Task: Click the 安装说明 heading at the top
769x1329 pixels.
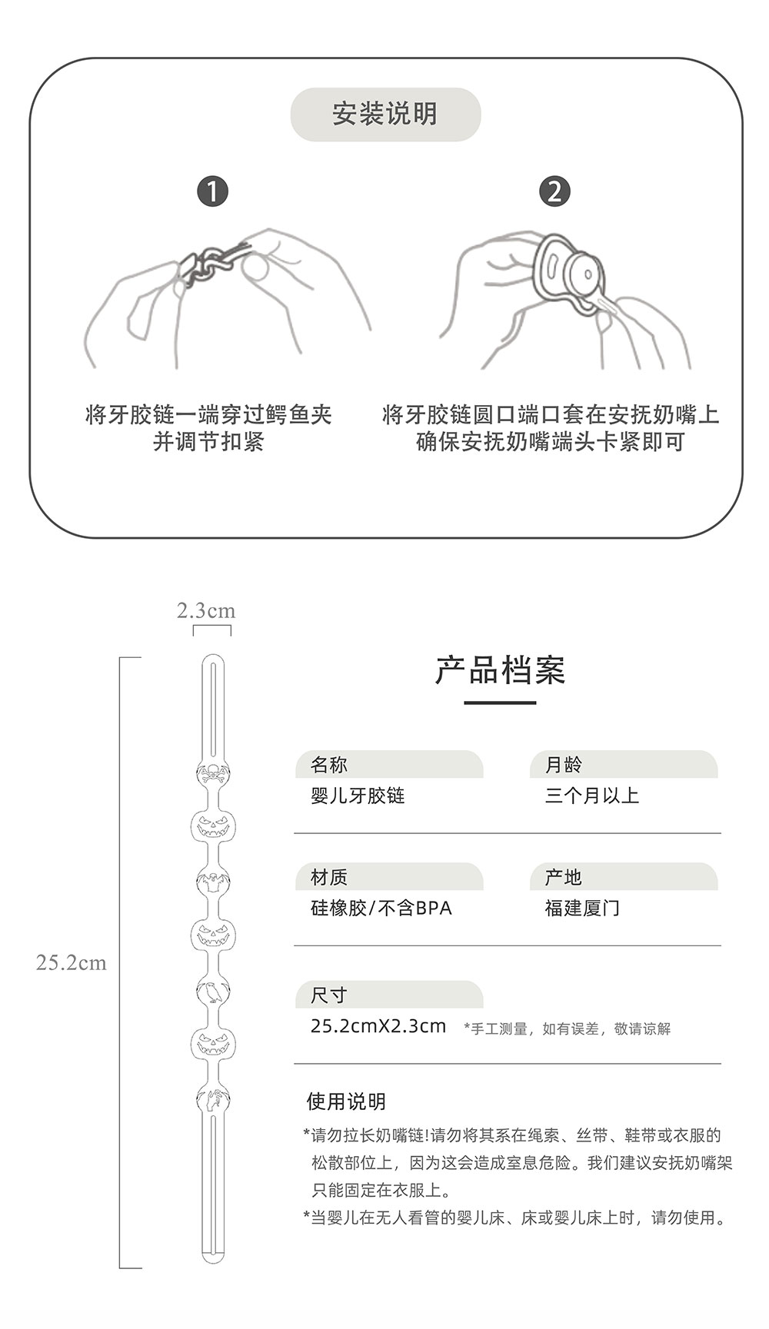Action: coord(384,115)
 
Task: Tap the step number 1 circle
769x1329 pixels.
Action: coord(213,191)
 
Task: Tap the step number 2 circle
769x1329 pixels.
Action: coord(554,191)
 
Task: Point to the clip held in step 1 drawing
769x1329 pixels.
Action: coord(211,262)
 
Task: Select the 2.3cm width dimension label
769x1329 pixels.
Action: coord(206,611)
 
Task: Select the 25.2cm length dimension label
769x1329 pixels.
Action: coord(71,963)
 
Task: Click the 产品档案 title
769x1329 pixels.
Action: coord(500,671)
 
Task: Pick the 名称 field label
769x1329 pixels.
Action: coord(329,765)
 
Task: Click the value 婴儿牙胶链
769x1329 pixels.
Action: coord(358,796)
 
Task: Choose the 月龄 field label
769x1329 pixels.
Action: coord(564,765)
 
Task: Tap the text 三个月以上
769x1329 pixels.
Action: coord(592,796)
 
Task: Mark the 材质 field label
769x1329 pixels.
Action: coord(329,877)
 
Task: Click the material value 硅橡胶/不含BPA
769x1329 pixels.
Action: coord(381,908)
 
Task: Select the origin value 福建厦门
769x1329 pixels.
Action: coord(582,908)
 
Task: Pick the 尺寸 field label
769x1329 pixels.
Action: coord(329,995)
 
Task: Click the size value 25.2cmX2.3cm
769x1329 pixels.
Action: coord(378,1026)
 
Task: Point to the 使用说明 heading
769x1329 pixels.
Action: coord(346,1101)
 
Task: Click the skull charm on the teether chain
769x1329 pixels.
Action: coord(212,773)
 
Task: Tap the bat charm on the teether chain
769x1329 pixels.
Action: coord(212,881)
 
